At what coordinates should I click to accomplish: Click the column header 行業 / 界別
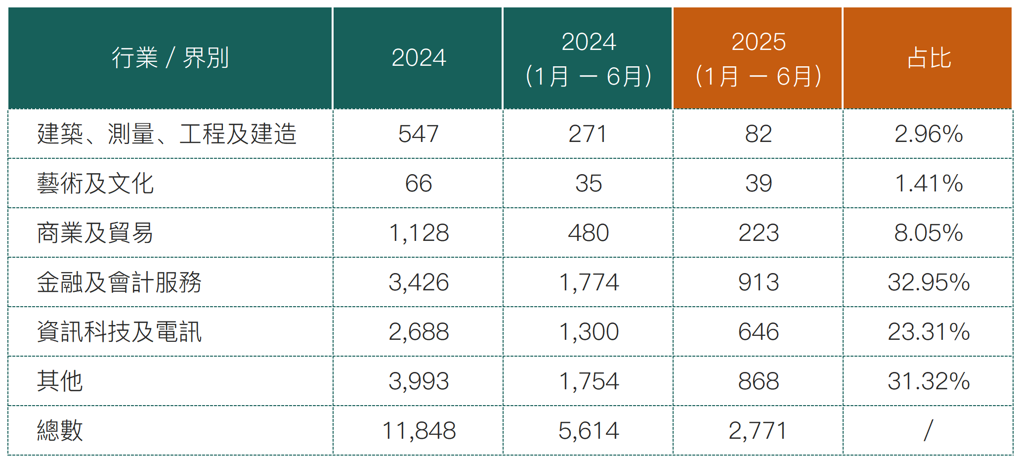[x=170, y=58]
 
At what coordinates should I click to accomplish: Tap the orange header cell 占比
[x=929, y=58]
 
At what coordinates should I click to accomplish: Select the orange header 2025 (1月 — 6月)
[x=758, y=58]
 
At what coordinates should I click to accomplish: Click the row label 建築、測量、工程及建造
[x=167, y=134]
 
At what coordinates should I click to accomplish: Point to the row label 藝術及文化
[x=95, y=184]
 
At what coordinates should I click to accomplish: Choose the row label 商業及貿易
[x=95, y=233]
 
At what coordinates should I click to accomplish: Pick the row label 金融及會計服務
[x=119, y=282]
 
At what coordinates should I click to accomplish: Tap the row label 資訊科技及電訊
[x=119, y=332]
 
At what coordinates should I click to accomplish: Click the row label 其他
[x=60, y=381]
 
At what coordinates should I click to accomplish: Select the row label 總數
[x=60, y=430]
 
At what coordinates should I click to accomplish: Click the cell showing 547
[x=419, y=134]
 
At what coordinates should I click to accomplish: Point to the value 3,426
[x=419, y=282]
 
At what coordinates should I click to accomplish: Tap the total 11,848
[x=419, y=430]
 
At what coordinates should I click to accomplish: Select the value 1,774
[x=589, y=282]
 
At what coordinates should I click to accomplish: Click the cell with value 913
[x=758, y=282]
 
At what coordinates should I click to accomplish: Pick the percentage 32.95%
[x=929, y=282]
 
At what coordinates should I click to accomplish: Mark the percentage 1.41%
[x=929, y=184]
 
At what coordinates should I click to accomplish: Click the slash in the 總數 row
[x=929, y=430]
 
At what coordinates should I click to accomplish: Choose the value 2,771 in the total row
[x=758, y=430]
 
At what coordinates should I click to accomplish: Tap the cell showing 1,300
[x=589, y=332]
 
